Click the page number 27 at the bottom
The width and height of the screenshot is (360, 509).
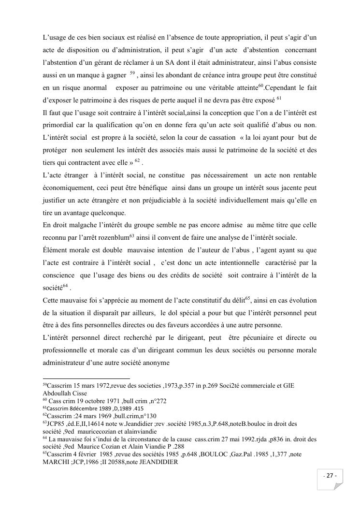pyautogui.click(x=331, y=476)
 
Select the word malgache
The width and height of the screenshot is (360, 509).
pyautogui.click(x=79, y=225)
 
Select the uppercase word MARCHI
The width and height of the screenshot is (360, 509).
pyautogui.click(x=56, y=462)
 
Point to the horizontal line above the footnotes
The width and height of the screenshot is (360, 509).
pyautogui.click(x=86, y=378)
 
